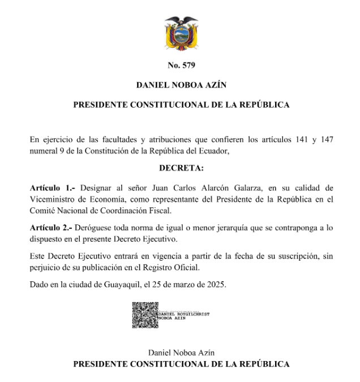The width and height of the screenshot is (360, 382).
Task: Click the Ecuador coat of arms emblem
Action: (181, 33)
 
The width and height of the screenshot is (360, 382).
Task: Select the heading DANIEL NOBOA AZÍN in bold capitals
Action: (181, 85)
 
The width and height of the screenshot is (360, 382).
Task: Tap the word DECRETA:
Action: (181, 168)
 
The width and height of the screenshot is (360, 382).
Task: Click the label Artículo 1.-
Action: (52, 187)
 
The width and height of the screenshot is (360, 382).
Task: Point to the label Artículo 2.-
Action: (52, 227)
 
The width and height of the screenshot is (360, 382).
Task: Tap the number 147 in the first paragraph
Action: (325, 139)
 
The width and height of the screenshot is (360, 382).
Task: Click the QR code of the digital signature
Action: (145, 316)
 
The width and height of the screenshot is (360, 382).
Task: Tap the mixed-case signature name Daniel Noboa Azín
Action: (181, 353)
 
